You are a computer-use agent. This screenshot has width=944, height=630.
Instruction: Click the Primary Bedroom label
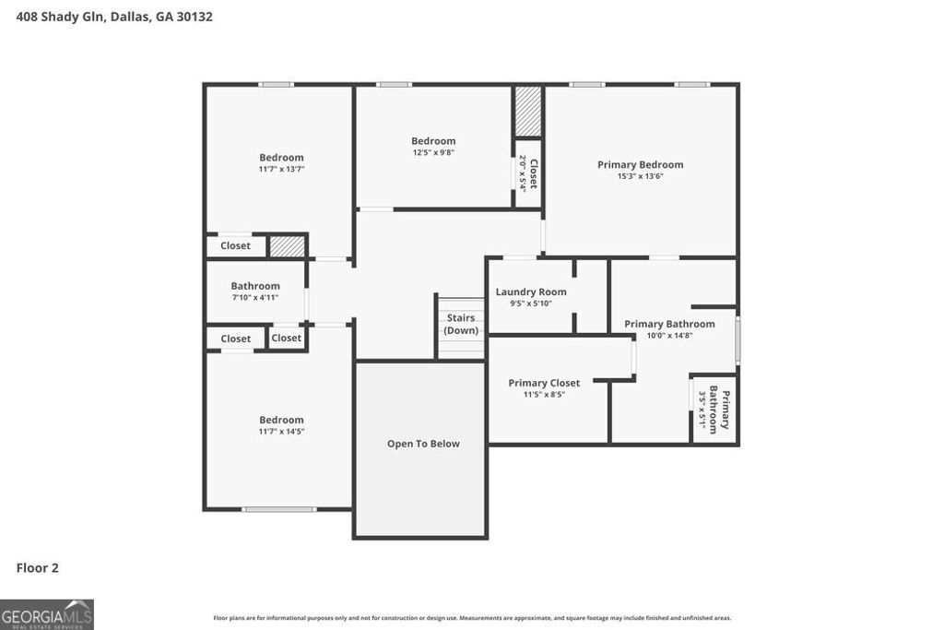click(640, 165)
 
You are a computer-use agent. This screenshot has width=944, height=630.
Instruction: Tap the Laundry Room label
click(531, 291)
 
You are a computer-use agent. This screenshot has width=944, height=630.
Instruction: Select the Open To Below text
click(423, 444)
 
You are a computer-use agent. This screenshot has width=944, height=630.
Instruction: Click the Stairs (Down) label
click(461, 324)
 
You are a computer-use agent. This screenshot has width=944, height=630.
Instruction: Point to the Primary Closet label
click(544, 383)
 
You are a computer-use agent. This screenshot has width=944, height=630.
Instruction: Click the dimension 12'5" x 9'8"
click(433, 153)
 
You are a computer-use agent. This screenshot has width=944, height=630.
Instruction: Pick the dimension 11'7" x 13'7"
click(281, 170)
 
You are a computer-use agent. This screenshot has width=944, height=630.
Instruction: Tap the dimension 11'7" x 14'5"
click(281, 432)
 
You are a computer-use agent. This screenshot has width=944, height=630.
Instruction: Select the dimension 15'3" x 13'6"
click(640, 176)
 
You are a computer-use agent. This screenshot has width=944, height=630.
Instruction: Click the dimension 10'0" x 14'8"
click(669, 336)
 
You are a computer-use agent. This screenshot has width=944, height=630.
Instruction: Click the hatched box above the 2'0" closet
click(528, 112)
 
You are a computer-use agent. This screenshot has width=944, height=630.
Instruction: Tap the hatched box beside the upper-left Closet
click(287, 246)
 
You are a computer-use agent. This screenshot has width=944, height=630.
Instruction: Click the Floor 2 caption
click(37, 568)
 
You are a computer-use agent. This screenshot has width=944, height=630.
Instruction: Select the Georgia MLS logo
click(47, 614)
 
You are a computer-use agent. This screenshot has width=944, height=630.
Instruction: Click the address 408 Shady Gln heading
click(114, 17)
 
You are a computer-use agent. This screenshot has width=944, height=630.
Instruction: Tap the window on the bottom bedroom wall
click(278, 509)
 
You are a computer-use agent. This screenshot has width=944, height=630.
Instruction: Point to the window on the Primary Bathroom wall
click(737, 340)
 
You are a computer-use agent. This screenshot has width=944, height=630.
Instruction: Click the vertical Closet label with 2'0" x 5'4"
click(528, 173)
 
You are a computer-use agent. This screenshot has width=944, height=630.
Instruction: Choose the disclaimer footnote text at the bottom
click(472, 618)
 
